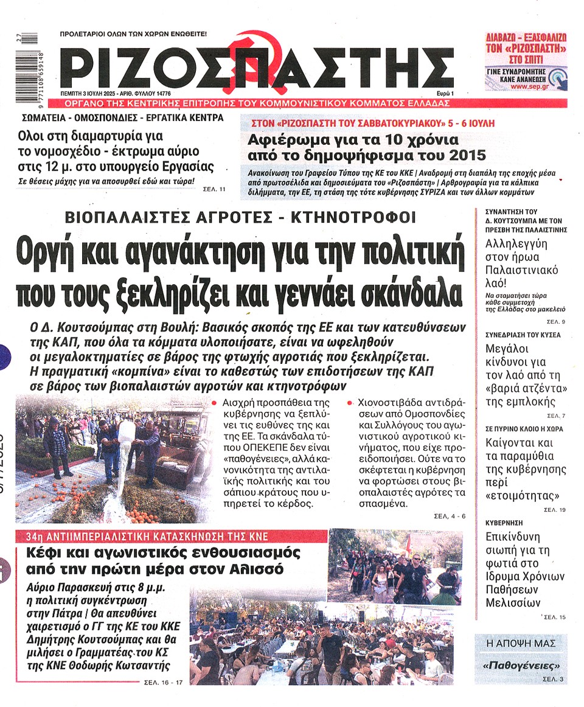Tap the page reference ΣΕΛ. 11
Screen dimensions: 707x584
coord(214,189)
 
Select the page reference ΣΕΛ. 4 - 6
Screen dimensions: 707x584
coord(449,516)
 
